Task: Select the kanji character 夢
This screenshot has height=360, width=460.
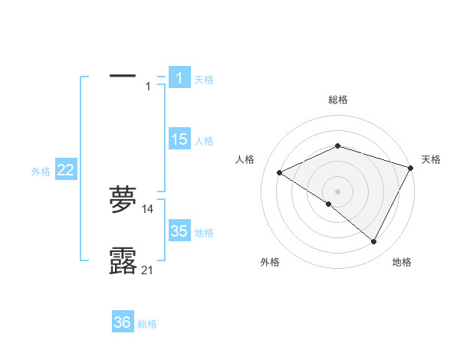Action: point(123,201)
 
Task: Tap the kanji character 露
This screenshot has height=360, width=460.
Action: point(123,261)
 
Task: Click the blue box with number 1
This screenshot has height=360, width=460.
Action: point(179,77)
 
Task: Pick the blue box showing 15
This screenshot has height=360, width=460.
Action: point(179,139)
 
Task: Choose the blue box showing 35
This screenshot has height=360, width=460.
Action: point(179,231)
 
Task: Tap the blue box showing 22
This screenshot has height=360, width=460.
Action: point(65,170)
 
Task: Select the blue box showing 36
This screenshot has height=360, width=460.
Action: point(123,322)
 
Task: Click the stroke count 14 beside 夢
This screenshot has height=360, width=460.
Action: point(148,208)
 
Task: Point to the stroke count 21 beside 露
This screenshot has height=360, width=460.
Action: point(148,270)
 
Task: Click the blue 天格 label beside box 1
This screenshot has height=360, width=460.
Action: point(204,79)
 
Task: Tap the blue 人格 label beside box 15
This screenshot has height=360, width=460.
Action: point(204,141)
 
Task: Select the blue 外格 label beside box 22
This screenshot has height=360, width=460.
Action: point(41,172)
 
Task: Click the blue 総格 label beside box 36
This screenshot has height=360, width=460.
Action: point(147,324)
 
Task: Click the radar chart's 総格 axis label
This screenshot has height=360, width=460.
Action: point(338,100)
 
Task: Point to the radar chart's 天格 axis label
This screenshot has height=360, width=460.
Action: point(431,159)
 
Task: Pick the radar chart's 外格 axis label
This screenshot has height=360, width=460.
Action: point(270,262)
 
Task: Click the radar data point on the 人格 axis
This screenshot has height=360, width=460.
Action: point(280,172)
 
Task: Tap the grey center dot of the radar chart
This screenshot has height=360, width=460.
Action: point(338,191)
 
